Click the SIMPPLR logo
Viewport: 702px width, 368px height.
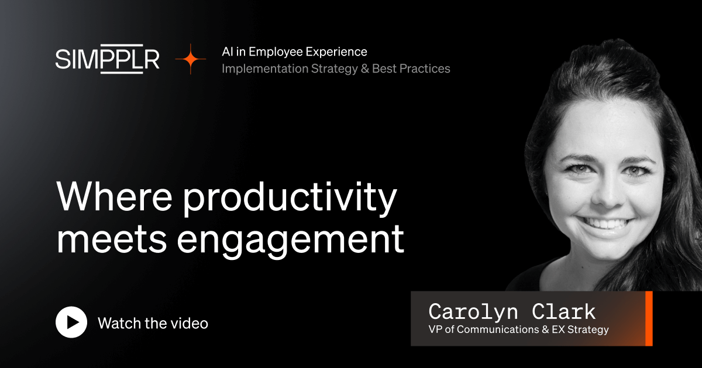[x=108, y=60]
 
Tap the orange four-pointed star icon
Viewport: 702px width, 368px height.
[x=191, y=60]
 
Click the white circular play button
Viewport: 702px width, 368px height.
[x=71, y=322]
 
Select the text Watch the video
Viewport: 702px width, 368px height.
[x=153, y=323]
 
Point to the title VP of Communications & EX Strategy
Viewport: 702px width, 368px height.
[x=518, y=329]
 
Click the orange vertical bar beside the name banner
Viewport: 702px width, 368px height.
[x=648, y=318]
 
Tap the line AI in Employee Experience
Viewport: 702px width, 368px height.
[x=294, y=52]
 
